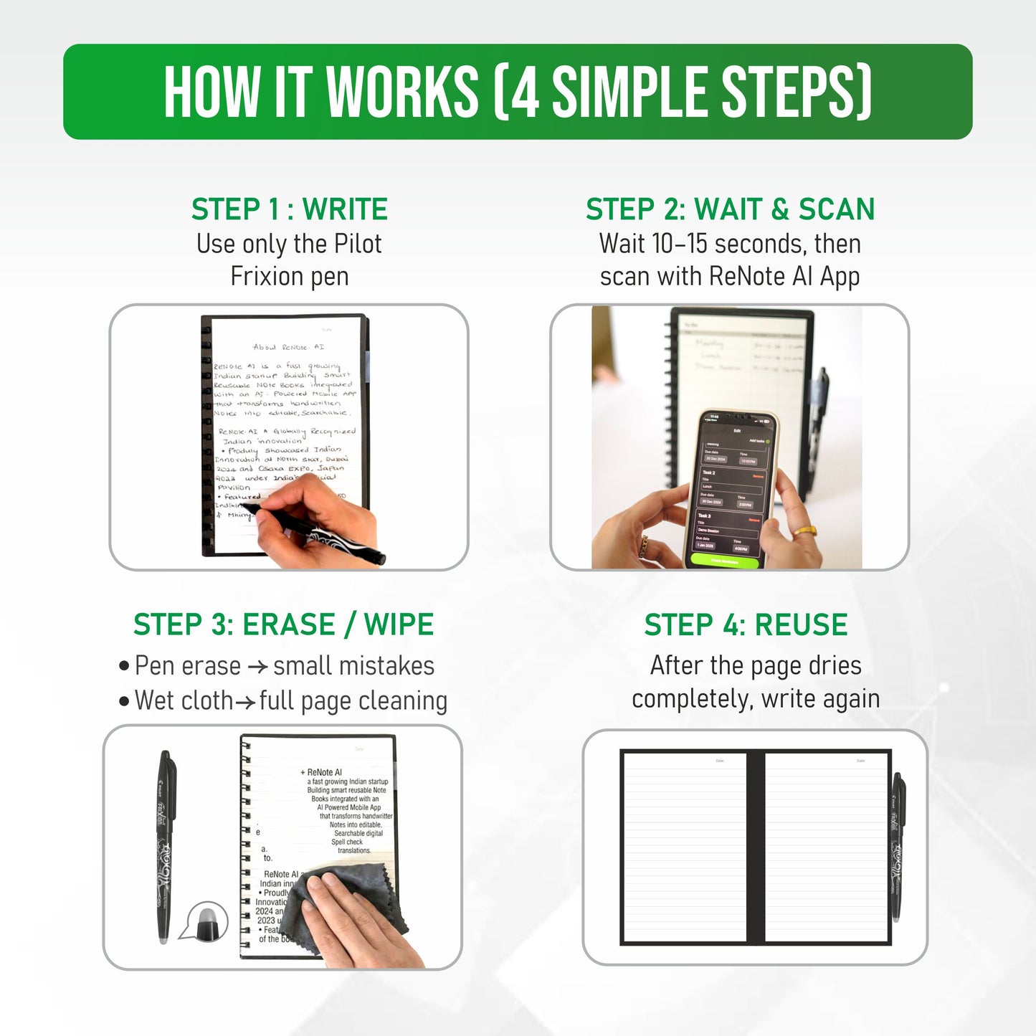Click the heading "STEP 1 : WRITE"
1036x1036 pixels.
[289, 209]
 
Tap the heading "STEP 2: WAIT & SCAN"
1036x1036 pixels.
[730, 209]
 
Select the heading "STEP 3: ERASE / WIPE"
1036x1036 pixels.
[283, 624]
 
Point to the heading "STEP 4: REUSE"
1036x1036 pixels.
[746, 624]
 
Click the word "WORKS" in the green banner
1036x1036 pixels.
[402, 92]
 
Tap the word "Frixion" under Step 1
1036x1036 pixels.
[263, 277]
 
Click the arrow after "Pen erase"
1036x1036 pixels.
[257, 667]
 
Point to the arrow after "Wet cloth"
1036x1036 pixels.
[245, 702]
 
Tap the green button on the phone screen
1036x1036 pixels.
[723, 560]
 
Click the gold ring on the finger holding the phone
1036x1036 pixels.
[804, 532]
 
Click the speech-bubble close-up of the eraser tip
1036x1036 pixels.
[204, 921]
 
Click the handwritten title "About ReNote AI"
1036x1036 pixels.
[288, 347]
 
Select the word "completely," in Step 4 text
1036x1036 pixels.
[691, 699]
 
